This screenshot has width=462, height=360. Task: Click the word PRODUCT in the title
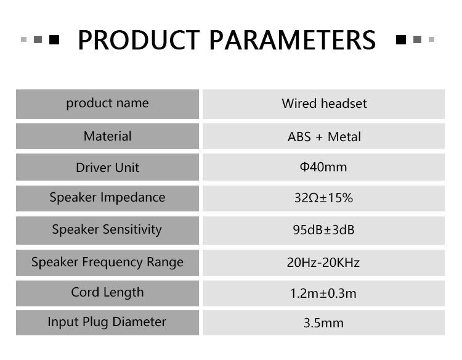pos(139,40)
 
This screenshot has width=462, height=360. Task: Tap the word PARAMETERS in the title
pos(293,40)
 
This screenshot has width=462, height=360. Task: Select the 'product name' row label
pos(108,104)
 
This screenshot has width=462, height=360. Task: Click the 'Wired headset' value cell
pos(324,104)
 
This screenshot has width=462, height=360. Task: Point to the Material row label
pos(108,136)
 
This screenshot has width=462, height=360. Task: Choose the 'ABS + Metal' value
pos(324,137)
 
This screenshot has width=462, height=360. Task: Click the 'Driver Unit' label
pos(108,168)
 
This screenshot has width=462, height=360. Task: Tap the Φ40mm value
pos(323,167)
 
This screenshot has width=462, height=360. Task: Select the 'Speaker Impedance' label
pos(108,197)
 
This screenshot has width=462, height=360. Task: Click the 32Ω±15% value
pos(323,198)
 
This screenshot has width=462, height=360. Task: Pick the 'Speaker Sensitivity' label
pos(107,230)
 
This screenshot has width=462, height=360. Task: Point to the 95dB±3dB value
pos(323,230)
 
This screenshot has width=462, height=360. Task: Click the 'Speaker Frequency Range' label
pos(108,263)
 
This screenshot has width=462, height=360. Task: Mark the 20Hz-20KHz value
pos(323,263)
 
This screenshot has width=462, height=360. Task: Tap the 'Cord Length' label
pos(108,293)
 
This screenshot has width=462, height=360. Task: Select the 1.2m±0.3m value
pos(323,293)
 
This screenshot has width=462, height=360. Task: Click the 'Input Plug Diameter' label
pos(107,322)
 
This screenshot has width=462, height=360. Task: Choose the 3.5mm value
pos(323,323)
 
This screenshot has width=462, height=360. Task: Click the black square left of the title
pos(54,39)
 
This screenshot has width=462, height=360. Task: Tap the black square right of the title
pos(401,39)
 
